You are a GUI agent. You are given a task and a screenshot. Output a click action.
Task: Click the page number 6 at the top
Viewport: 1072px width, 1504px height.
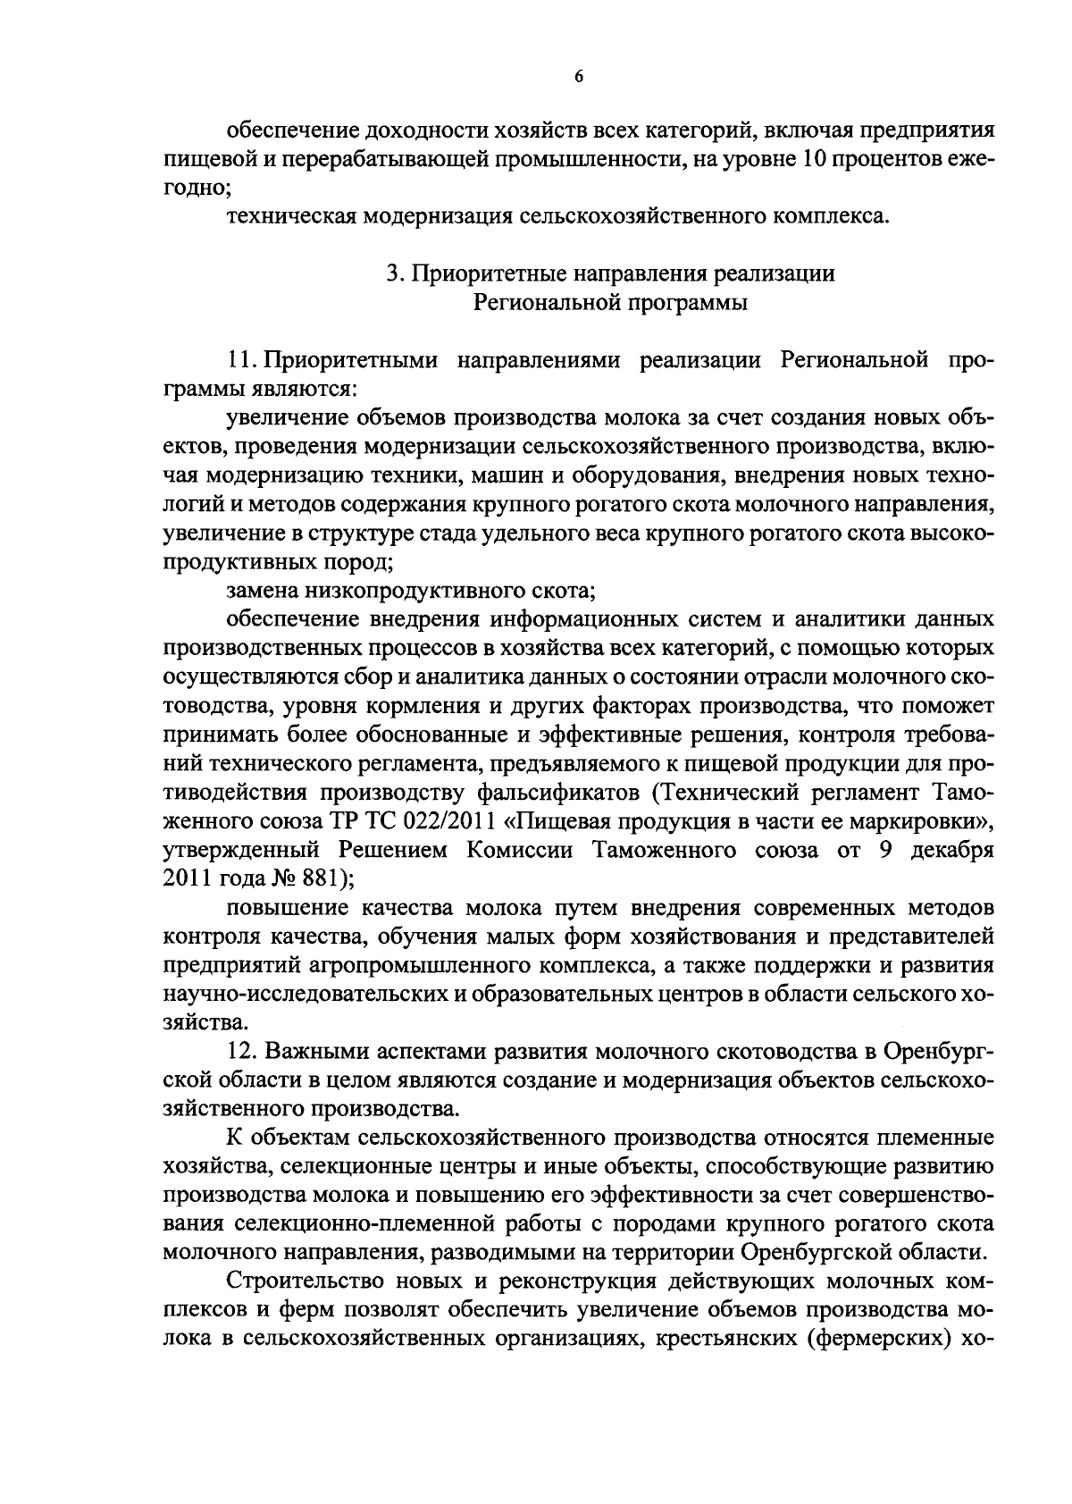pyautogui.click(x=578, y=78)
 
